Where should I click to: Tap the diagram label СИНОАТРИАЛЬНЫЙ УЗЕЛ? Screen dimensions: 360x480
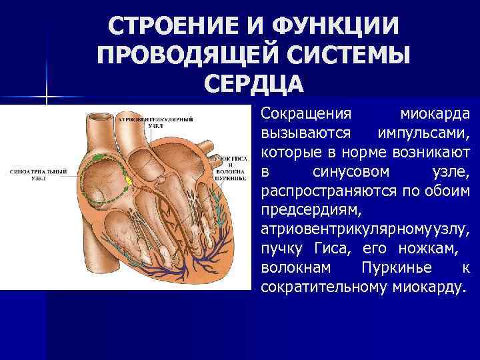(39, 175)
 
